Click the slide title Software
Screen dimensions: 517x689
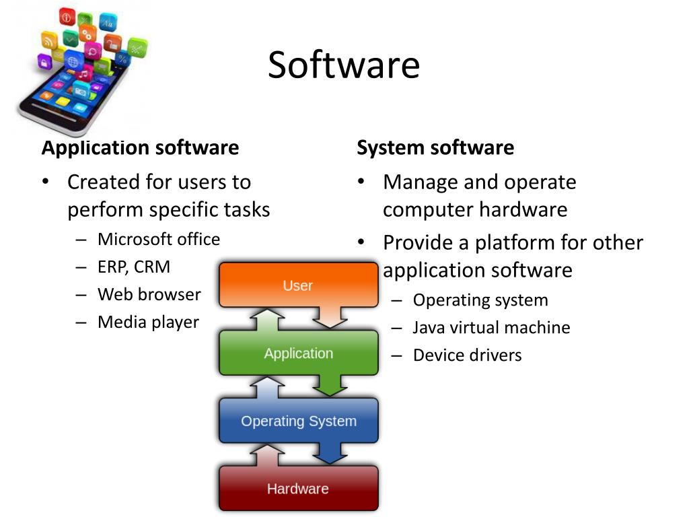click(x=344, y=65)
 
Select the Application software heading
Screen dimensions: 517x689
click(x=140, y=147)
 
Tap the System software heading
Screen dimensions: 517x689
click(x=435, y=147)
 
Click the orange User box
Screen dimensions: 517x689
click(x=298, y=285)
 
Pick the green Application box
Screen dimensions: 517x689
click(x=298, y=353)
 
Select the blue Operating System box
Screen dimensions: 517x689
click(x=298, y=421)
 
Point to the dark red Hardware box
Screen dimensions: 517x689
click(x=298, y=489)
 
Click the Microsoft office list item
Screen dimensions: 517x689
click(x=159, y=239)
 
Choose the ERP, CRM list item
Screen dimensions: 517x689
click(x=134, y=267)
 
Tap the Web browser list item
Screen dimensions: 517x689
click(x=149, y=294)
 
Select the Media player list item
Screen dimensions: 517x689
click(x=148, y=322)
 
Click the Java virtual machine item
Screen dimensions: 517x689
click(x=491, y=328)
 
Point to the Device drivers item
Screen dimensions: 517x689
click(x=467, y=355)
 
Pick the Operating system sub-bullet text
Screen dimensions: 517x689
click(x=480, y=300)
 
